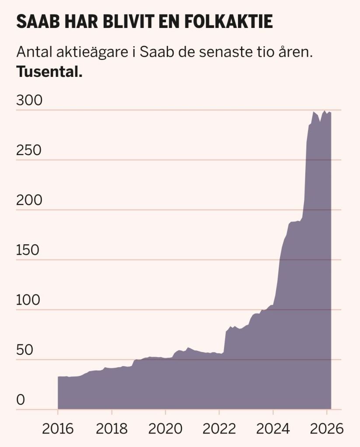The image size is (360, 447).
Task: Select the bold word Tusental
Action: coord(49,72)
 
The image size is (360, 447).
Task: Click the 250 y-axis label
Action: coord(29,150)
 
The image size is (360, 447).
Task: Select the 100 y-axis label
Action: coord(29,300)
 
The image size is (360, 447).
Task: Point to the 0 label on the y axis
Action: coord(21,400)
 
